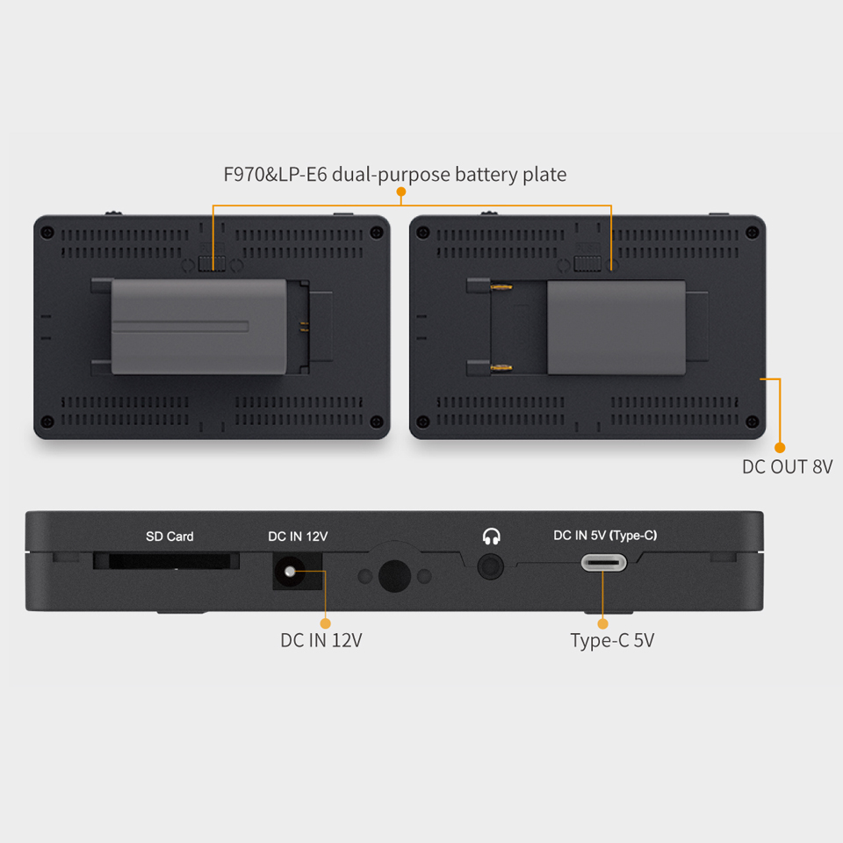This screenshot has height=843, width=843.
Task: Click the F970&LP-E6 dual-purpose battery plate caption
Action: [394, 175]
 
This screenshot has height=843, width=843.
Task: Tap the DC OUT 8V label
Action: [787, 466]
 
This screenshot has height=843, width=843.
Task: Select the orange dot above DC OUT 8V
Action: [780, 447]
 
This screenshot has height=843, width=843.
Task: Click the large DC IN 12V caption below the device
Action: [321, 640]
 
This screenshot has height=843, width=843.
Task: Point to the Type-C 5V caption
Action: [612, 641]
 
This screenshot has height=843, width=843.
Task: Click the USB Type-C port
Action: [604, 564]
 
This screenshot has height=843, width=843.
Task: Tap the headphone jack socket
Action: [490, 566]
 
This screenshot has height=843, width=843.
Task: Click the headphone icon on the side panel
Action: [492, 536]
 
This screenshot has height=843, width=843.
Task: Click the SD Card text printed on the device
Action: [169, 536]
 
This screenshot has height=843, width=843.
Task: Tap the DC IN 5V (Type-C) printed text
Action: [605, 536]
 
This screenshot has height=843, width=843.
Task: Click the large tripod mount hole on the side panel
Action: [394, 576]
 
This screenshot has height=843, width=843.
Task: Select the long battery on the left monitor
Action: [199, 327]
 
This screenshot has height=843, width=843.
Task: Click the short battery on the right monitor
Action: [616, 328]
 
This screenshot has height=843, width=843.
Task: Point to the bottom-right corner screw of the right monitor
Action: [753, 421]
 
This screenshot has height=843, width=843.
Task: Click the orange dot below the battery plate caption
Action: [400, 192]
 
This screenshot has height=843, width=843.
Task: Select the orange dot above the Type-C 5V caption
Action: [602, 623]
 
